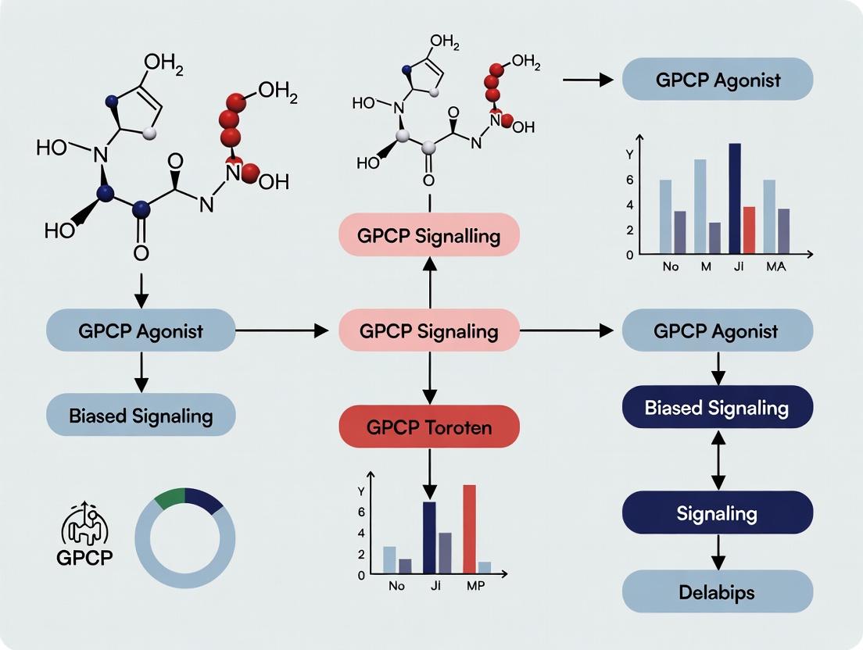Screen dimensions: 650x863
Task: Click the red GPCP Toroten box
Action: point(428,427)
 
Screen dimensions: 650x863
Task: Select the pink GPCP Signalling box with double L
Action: point(428,235)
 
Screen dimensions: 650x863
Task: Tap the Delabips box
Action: point(718,591)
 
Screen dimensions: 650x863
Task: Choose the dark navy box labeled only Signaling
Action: point(718,512)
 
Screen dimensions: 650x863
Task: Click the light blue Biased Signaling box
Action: point(141,414)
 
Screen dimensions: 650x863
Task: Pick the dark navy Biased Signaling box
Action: point(718,407)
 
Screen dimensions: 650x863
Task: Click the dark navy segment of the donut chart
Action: point(204,500)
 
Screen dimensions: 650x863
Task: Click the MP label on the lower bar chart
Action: point(474,587)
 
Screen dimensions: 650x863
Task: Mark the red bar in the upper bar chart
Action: point(748,230)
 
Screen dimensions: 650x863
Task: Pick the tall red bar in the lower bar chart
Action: point(469,529)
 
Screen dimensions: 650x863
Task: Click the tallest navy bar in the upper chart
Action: point(734,198)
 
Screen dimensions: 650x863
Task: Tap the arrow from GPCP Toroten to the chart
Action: point(428,473)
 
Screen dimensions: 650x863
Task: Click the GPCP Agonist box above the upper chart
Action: point(718,80)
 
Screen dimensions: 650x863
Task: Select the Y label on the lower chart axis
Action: point(360,491)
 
